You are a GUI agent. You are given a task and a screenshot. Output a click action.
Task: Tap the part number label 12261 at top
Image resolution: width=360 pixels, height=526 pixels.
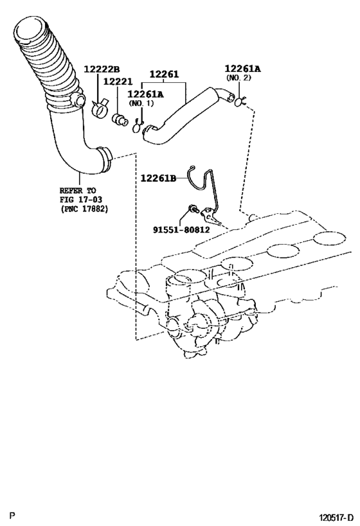click(165, 75)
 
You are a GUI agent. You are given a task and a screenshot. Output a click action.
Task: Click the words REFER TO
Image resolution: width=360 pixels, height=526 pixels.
click(78, 191)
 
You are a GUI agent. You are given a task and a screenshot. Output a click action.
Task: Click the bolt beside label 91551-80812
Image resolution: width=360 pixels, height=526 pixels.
click(192, 209)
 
